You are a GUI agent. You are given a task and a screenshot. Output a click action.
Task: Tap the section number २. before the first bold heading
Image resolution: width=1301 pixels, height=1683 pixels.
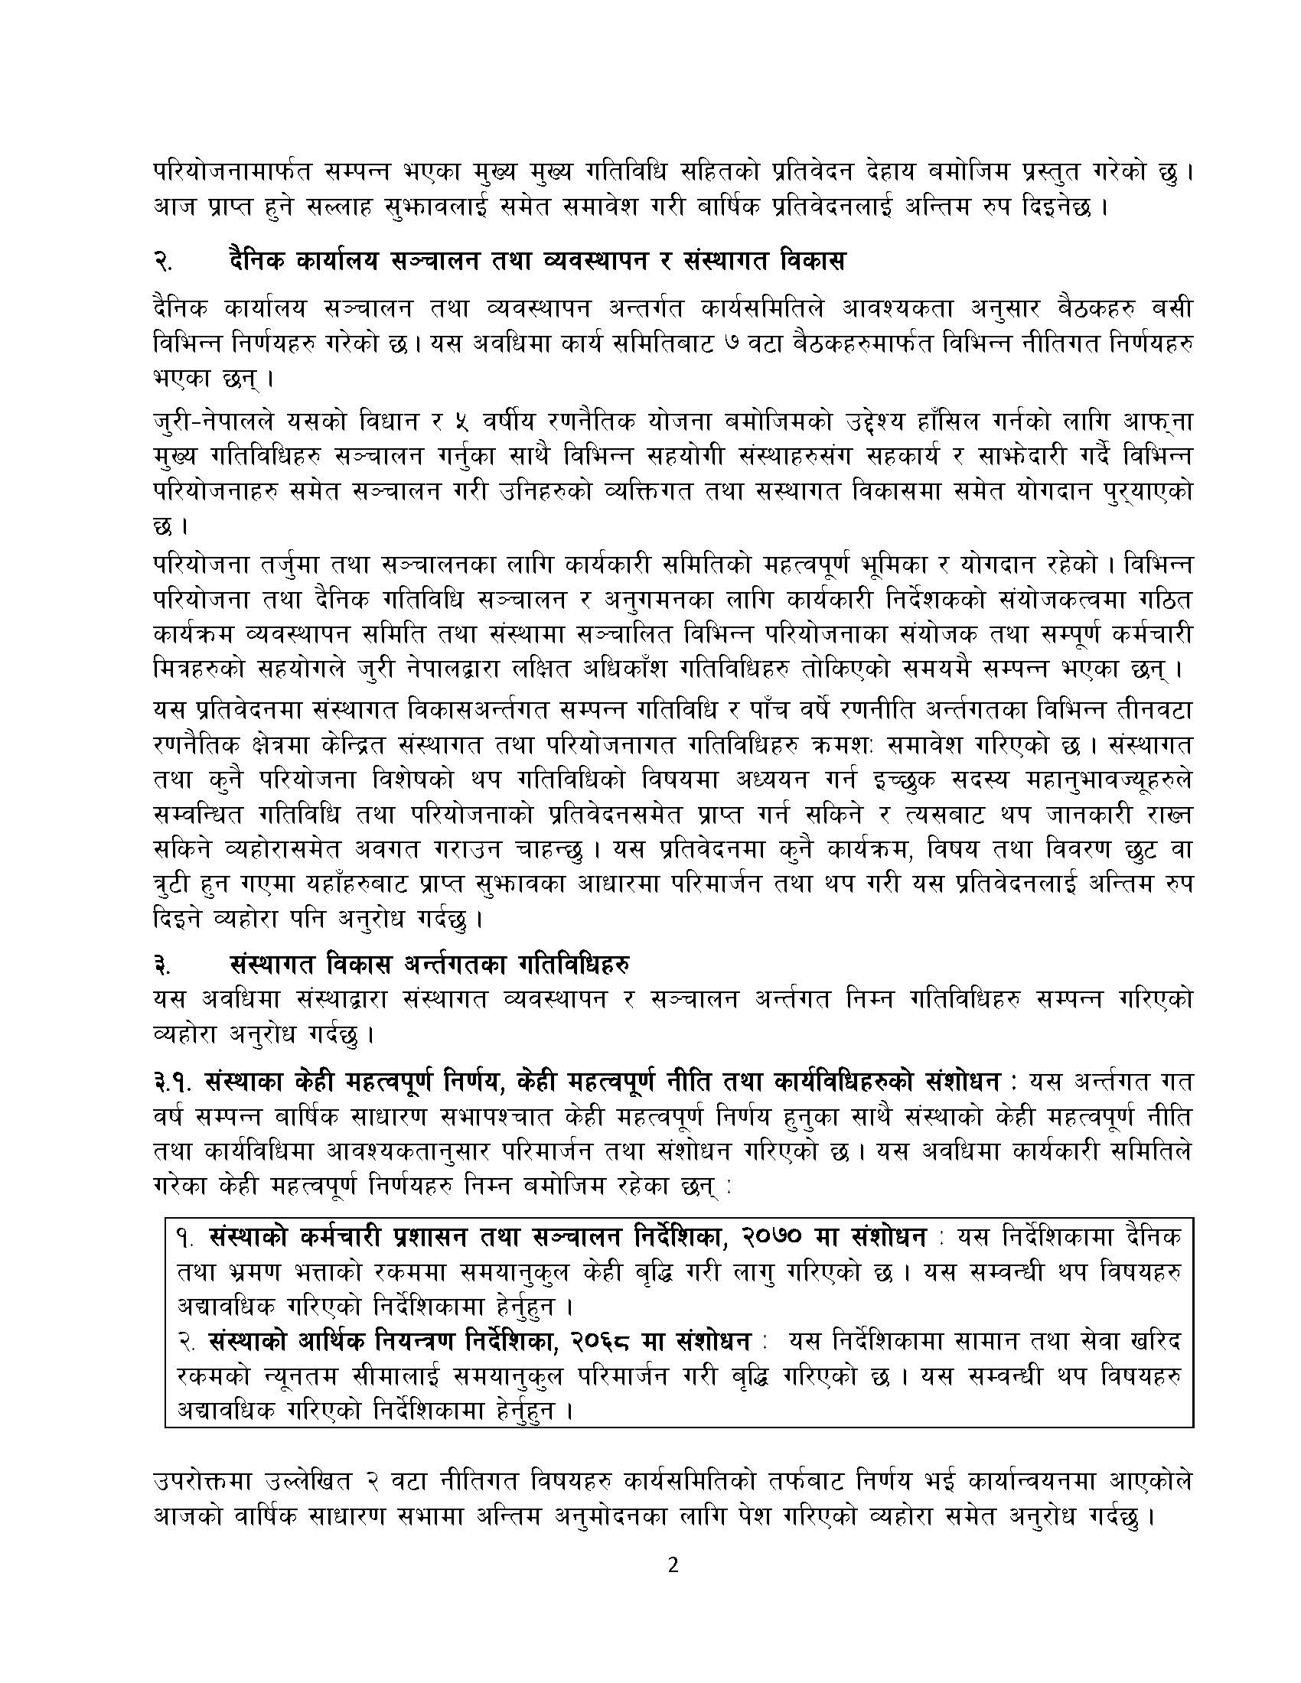(x=162, y=262)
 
